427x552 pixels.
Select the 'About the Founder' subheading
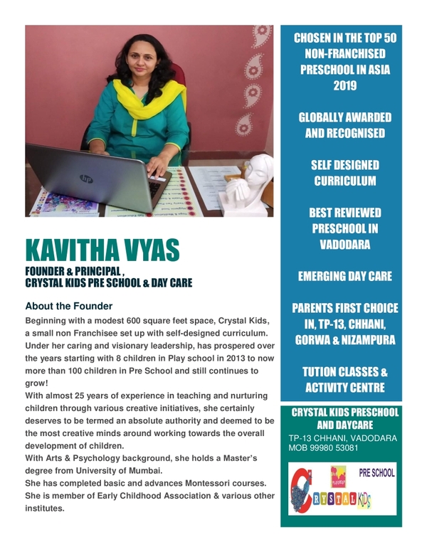pyautogui.click(x=68, y=307)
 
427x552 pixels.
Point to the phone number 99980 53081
pyautogui.click(x=334, y=449)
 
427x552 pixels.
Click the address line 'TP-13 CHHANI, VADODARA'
pyautogui.click(x=343, y=437)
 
